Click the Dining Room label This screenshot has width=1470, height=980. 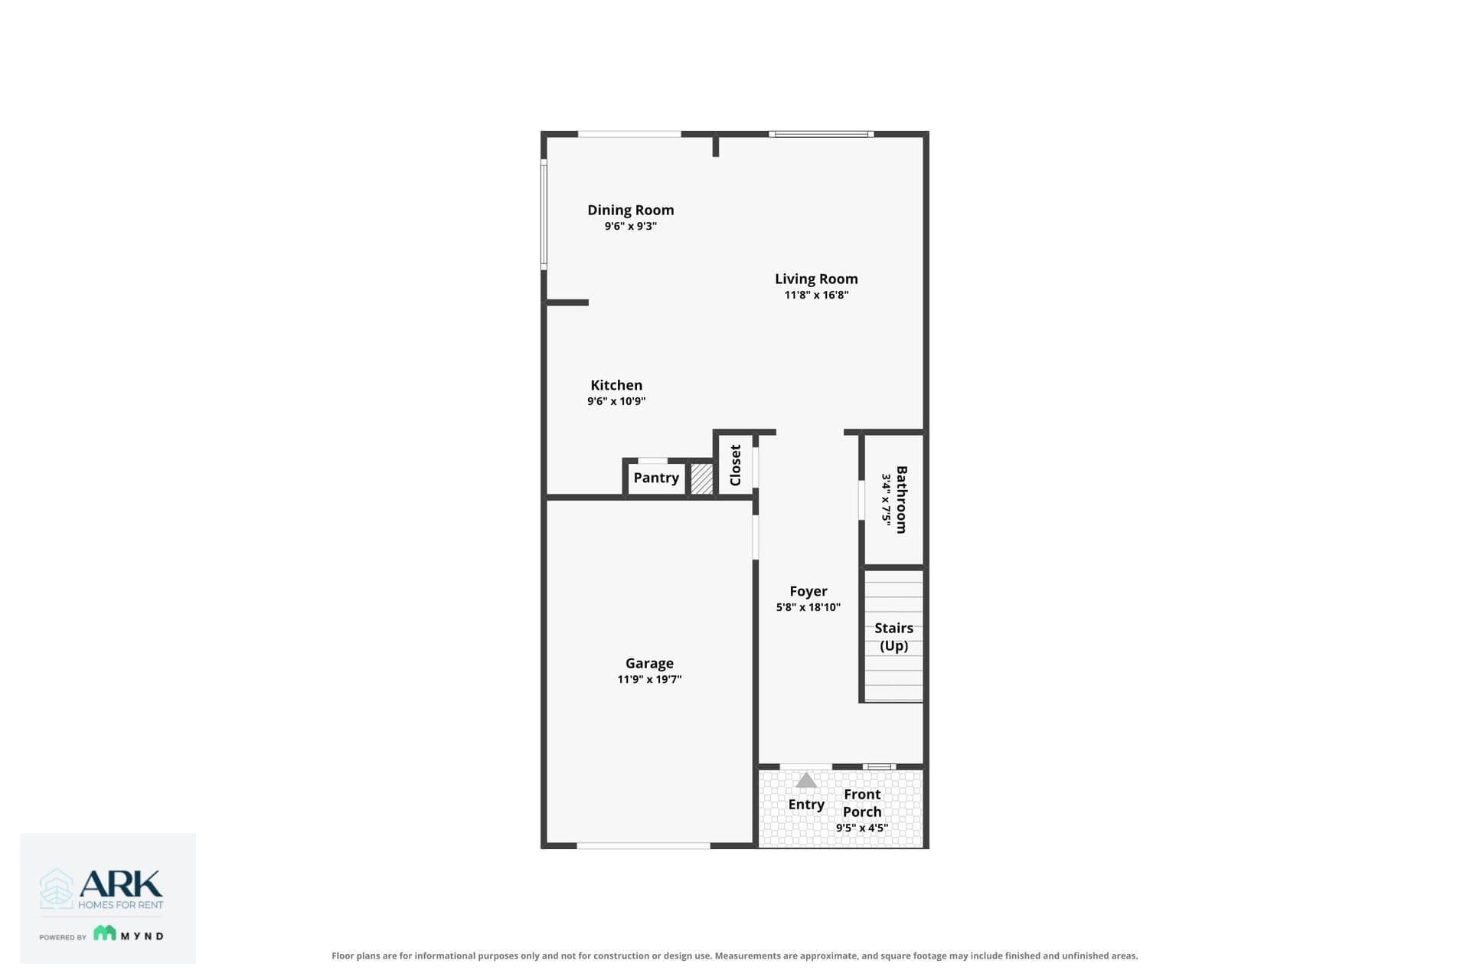[631, 210]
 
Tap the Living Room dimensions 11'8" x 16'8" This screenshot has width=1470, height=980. [816, 295]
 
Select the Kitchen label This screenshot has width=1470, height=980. [616, 385]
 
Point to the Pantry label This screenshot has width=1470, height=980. [656, 478]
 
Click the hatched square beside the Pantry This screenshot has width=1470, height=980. [701, 479]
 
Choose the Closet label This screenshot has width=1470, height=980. [736, 465]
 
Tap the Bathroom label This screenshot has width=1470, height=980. [902, 499]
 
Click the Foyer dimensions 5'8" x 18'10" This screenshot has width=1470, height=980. [808, 607]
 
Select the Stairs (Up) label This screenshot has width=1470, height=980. [893, 636]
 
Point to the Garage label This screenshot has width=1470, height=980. [649, 663]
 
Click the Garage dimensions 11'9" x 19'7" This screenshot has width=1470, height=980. [649, 679]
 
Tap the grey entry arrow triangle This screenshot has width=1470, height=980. [806, 780]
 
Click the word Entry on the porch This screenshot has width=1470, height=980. [806, 804]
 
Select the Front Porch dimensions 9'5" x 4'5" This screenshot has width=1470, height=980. [862, 828]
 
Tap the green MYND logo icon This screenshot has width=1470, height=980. [105, 933]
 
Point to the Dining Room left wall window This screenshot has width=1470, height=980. [544, 214]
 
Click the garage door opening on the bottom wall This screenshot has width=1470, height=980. [643, 845]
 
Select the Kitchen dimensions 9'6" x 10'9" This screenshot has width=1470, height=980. [616, 401]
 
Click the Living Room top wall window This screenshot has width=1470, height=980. [822, 134]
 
